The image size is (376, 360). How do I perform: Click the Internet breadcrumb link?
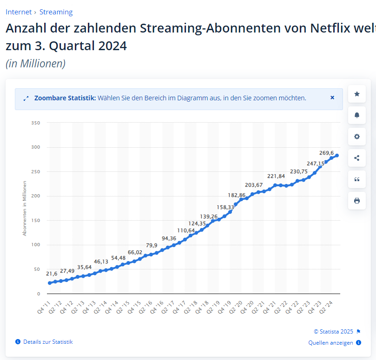point(19,12)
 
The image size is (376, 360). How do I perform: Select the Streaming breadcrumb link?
point(56,12)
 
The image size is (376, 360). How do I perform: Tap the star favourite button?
point(357,94)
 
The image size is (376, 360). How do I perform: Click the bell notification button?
point(357,115)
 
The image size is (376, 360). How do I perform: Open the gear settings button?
point(357,137)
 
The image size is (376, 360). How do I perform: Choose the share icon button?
point(357,158)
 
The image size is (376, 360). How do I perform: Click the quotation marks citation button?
point(357,179)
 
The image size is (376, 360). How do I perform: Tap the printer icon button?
point(357,201)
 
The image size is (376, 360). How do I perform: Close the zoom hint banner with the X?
point(332,98)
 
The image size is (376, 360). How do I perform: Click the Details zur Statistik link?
point(48,342)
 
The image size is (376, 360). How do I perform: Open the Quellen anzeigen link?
point(331,343)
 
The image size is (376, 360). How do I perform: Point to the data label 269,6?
point(327,153)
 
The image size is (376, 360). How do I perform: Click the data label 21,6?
point(52,274)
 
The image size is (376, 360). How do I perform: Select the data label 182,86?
point(236,195)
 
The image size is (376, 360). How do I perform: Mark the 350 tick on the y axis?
point(36,123)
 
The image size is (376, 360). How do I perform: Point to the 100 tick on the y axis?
point(36,245)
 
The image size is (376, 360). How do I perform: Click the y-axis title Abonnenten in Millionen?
point(25,208)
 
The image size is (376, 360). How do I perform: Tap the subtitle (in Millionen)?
point(35,64)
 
